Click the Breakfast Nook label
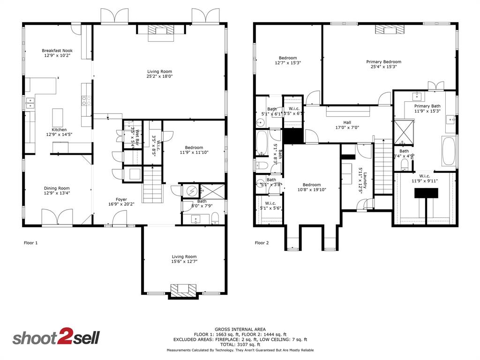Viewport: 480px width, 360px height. coord(57,51)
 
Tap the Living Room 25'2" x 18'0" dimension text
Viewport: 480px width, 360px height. coord(159,76)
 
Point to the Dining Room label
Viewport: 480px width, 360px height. coord(57,188)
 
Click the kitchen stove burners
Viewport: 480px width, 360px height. coord(86,99)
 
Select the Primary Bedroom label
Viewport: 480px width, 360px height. coord(383,61)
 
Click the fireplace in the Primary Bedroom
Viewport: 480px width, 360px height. coord(389,30)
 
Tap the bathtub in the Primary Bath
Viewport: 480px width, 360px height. coord(449,151)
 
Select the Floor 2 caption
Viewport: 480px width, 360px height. coord(262,243)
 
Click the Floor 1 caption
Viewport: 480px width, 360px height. coord(30,243)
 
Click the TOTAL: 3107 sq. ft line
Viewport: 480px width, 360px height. coord(240,345)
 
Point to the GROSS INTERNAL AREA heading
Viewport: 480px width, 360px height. coord(240,329)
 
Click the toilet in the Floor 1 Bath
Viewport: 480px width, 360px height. coord(216,218)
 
